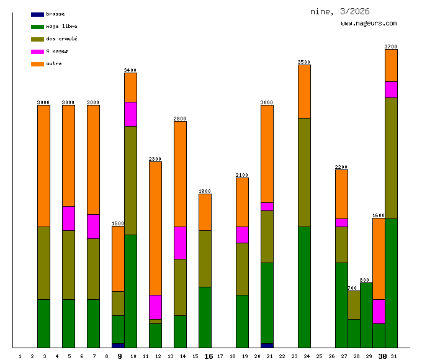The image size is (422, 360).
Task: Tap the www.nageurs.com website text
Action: [x=369, y=24]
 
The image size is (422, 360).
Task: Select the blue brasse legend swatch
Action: [x=37, y=14]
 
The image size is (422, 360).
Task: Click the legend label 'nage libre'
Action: [x=61, y=26]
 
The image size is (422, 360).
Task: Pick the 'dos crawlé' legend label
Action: [x=61, y=38]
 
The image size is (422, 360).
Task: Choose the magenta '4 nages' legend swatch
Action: [x=37, y=51]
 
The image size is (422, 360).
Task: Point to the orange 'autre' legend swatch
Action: [x=37, y=63]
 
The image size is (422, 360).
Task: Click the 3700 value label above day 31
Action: [x=391, y=47]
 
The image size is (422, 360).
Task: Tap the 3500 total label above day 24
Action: [x=304, y=62]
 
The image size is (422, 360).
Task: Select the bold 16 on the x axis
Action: [x=209, y=356]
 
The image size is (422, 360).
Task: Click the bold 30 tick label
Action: [x=383, y=356]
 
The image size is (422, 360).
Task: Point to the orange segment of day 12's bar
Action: [x=155, y=228]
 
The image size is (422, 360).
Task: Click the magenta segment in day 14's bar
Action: [x=180, y=243]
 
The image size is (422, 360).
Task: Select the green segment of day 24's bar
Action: [x=304, y=287]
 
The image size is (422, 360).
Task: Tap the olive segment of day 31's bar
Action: [x=391, y=158]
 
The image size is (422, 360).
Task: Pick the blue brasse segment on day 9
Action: [x=118, y=345]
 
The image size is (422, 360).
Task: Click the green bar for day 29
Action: [x=366, y=315]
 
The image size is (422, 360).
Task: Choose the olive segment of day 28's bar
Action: [x=354, y=305]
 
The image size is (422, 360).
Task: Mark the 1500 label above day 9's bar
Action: [x=118, y=223]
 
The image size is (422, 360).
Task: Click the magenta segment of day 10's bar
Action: [x=130, y=114]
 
